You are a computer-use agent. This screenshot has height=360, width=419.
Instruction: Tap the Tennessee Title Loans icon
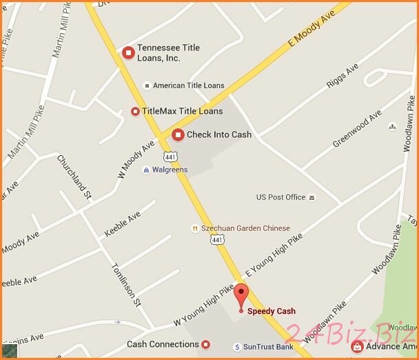point(127,52)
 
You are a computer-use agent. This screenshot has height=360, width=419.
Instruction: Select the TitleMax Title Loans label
point(182,111)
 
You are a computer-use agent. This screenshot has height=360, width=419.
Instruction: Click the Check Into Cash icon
point(178,134)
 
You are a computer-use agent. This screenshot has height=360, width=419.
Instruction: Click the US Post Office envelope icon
point(311,197)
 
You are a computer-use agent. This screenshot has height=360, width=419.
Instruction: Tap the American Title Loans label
point(188,86)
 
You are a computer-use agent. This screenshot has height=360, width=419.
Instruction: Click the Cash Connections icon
point(205,344)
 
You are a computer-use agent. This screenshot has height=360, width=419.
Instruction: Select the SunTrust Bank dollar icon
point(236,347)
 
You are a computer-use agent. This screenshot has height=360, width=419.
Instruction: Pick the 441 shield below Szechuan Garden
point(217,240)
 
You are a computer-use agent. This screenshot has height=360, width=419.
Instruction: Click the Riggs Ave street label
point(343,77)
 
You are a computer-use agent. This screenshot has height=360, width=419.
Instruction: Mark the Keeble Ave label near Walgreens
point(122,224)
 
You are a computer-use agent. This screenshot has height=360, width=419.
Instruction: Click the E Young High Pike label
point(274,256)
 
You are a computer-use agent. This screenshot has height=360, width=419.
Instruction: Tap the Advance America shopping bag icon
point(357,346)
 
